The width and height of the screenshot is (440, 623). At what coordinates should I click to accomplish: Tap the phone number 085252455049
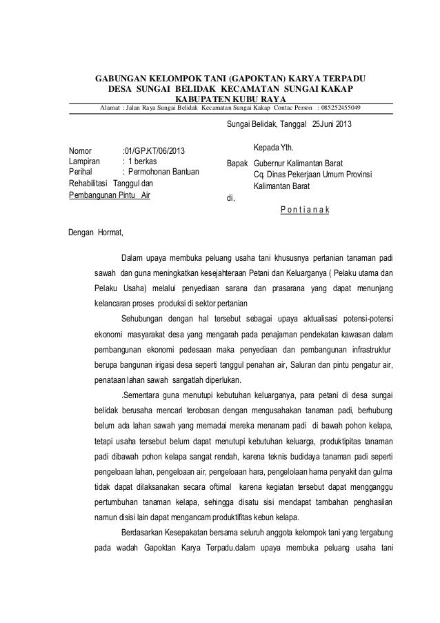click(345, 108)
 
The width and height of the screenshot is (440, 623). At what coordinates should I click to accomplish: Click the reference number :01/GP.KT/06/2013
click(153, 150)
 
